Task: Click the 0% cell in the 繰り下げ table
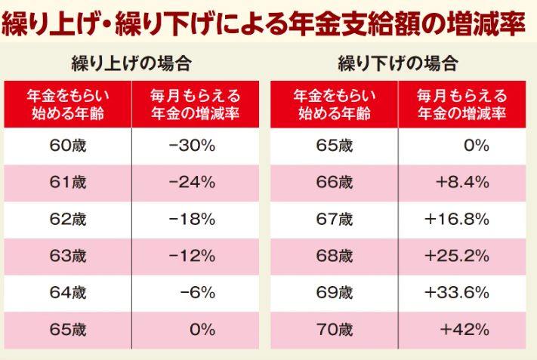pyautogui.click(x=477, y=146)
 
